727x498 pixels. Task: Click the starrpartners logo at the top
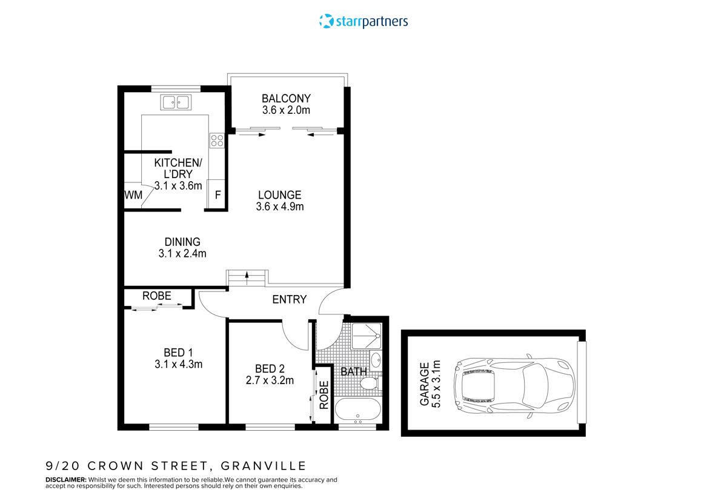click(x=363, y=22)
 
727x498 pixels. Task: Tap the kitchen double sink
click(x=176, y=102)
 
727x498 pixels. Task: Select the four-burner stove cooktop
click(x=217, y=141)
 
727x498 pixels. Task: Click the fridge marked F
click(x=217, y=195)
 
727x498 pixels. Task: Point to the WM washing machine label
click(x=133, y=195)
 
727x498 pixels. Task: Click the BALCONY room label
click(x=286, y=98)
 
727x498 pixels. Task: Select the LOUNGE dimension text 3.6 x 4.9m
click(x=280, y=207)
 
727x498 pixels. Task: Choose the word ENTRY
click(x=289, y=299)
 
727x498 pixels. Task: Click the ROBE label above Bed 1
click(x=157, y=296)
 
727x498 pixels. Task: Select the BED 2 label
click(x=270, y=368)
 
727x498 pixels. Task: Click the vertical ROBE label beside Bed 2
click(x=324, y=395)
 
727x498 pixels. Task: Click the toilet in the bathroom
click(x=369, y=383)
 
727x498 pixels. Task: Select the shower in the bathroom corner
click(x=367, y=335)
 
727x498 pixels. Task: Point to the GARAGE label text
click(x=425, y=383)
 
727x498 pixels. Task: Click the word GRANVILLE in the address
click(x=264, y=466)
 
